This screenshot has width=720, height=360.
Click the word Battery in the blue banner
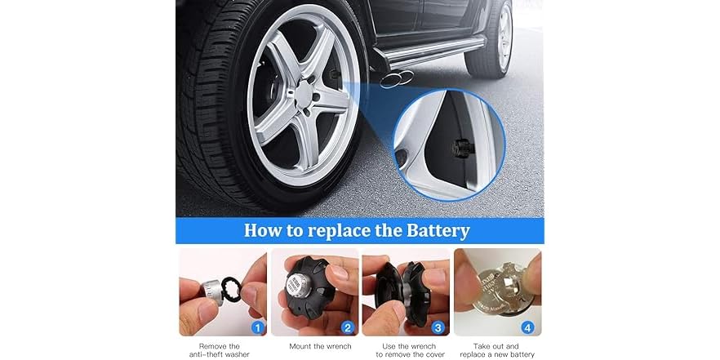430,230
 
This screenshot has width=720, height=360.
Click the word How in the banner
262,230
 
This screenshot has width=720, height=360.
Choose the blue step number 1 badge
257,329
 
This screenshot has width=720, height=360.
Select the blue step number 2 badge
348,329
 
